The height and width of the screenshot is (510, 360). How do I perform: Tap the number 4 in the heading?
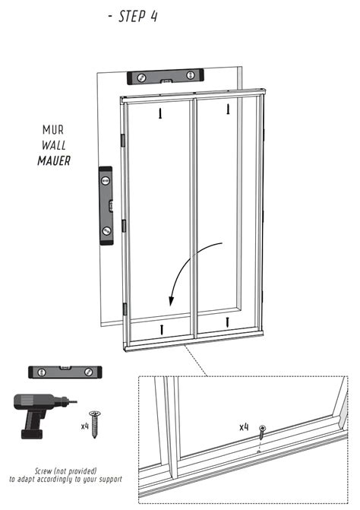(x=154, y=17)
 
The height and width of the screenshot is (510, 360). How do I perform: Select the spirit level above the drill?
(x=65, y=372)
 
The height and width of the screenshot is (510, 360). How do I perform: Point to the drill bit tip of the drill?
(x=76, y=401)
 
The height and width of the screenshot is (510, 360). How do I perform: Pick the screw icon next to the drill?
(x=96, y=422)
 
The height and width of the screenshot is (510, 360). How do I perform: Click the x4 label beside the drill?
(x=84, y=426)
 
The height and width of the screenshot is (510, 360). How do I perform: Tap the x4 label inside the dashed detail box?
(x=244, y=427)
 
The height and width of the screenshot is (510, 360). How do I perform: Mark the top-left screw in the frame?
(x=160, y=113)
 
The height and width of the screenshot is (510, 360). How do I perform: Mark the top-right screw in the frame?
(x=228, y=110)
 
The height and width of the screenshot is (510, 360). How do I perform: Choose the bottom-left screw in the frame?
(x=161, y=328)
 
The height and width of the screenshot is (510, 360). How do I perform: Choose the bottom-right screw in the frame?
(x=228, y=323)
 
